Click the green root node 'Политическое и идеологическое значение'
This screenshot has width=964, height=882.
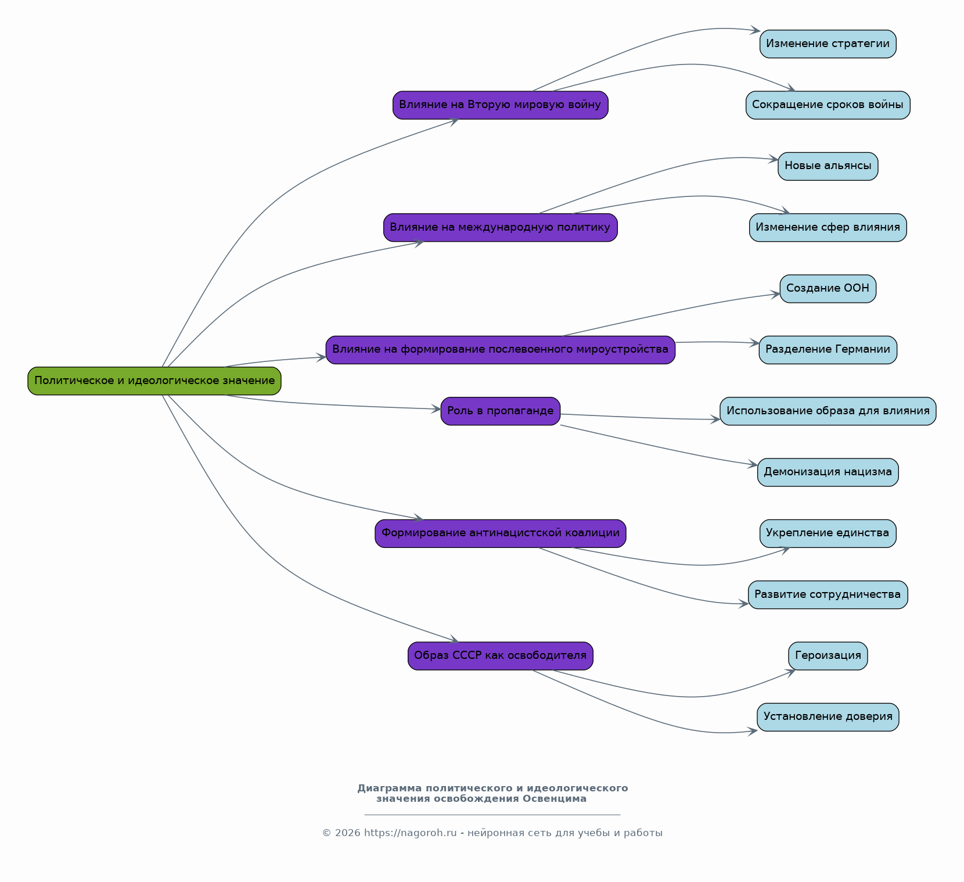coord(154,381)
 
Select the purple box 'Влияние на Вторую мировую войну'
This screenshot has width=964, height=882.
coord(501,105)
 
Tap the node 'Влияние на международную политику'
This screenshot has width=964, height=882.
coord(501,228)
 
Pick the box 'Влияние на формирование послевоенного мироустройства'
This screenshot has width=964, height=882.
coord(501,350)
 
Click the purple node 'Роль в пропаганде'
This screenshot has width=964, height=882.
coord(501,411)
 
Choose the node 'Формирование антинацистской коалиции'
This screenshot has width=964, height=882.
coord(501,533)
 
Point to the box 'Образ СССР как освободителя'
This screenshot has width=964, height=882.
coord(501,656)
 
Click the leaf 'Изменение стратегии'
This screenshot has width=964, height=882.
coord(828,44)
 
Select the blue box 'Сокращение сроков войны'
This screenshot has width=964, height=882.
coord(828,105)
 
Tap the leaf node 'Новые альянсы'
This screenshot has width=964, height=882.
coord(828,166)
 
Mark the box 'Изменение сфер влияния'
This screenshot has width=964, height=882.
coord(828,228)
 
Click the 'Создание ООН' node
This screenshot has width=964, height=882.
coord(828,289)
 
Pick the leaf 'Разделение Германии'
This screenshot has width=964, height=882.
coord(828,350)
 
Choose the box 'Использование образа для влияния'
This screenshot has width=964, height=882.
coord(828,411)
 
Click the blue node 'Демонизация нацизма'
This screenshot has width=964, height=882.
coord(828,472)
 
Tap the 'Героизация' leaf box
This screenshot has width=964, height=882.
coord(828,656)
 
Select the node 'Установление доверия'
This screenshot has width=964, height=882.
coord(828,717)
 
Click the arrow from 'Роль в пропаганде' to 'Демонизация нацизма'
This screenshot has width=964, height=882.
coord(659,447)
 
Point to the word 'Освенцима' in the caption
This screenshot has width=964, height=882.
coord(555,799)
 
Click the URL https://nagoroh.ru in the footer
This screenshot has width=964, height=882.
coord(411,833)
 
